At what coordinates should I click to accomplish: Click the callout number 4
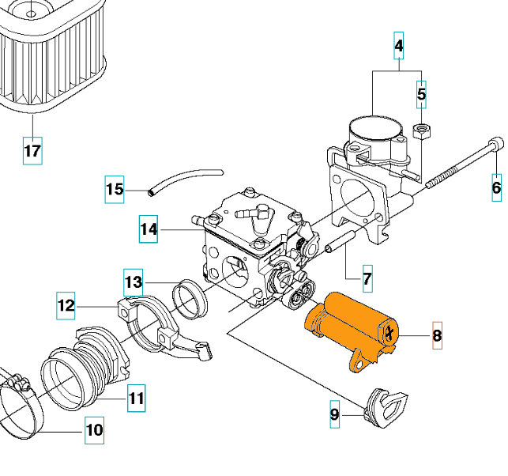(399, 47)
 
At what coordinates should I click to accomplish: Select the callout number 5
(421, 94)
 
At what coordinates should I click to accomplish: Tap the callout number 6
(496, 187)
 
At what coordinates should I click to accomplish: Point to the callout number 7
(367, 278)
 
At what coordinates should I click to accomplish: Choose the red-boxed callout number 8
(437, 337)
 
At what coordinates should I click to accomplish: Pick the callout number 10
(94, 431)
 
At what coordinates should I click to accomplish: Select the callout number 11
(137, 399)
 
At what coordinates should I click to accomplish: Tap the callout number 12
(66, 304)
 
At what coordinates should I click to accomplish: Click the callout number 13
(134, 281)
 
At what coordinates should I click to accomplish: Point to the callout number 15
(115, 189)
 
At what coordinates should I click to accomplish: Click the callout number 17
(32, 150)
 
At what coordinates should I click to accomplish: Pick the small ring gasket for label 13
(190, 297)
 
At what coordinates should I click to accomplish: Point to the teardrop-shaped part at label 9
(387, 403)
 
